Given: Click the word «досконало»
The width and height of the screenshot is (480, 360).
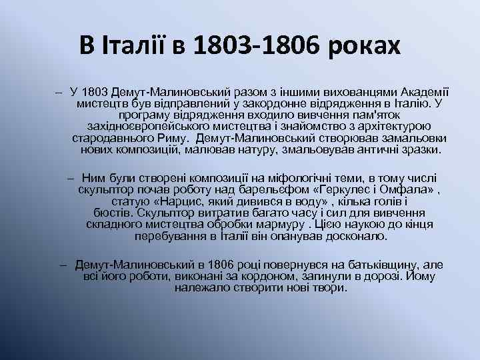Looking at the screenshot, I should pyautogui.click(x=353, y=235).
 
